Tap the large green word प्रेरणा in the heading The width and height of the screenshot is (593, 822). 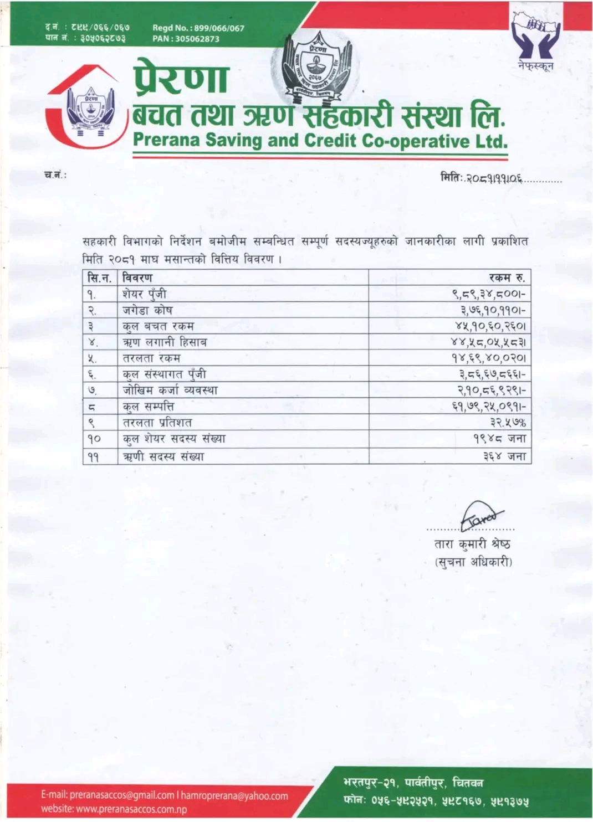181,78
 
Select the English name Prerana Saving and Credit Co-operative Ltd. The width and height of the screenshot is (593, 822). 320,141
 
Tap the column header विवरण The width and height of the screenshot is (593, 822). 137,278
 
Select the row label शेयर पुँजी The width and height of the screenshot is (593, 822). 144,294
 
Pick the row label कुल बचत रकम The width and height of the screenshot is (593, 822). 158,326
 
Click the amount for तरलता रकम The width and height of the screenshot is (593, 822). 488,358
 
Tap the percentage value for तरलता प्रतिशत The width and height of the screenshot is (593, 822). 508,423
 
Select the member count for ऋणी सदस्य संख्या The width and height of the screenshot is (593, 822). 504,456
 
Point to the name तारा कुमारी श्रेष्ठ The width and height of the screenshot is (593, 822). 472,544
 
